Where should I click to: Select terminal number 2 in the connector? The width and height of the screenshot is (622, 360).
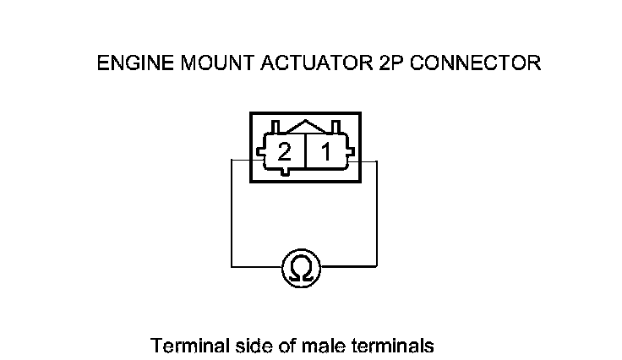[x=285, y=152]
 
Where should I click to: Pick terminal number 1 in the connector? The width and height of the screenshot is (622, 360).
[x=326, y=152]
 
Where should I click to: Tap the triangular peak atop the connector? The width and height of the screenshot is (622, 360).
[x=305, y=124]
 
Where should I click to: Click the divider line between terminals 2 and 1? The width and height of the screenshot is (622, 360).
[x=305, y=152]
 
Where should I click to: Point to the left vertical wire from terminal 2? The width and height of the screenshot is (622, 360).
[x=232, y=211]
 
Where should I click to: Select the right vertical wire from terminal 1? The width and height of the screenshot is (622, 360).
[x=377, y=211]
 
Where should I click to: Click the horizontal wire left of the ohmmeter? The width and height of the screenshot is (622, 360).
[x=256, y=267]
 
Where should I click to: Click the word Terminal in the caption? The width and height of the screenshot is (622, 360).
[x=182, y=346]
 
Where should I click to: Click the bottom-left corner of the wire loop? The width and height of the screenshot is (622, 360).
[x=232, y=267]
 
